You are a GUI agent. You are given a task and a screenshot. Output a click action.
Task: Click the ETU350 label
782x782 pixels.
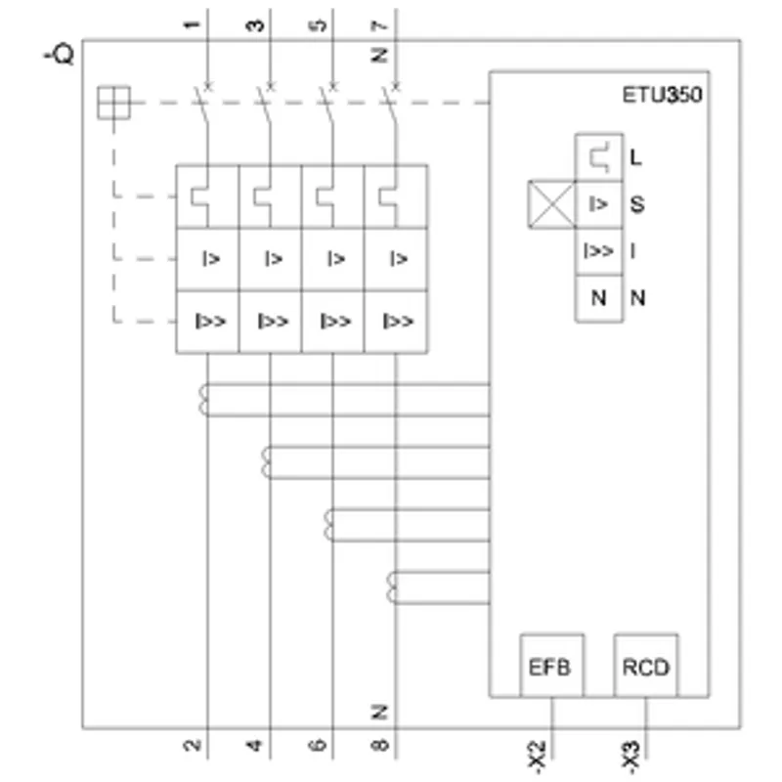tap(662, 95)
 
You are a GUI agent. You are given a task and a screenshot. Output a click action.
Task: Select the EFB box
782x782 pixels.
tap(551, 666)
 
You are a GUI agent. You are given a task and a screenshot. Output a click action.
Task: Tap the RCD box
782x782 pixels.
tap(645, 666)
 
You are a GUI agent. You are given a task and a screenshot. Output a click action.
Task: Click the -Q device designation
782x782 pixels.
tap(60, 54)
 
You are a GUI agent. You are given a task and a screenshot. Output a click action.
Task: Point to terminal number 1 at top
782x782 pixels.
tap(192, 24)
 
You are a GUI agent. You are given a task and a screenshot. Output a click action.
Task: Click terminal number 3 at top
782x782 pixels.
tap(255, 24)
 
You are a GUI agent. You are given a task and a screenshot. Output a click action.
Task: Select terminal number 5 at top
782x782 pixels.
tap(318, 24)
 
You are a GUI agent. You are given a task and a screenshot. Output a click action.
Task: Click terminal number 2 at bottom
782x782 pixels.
tap(192, 745)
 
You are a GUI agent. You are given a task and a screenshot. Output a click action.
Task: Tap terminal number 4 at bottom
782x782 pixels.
tap(254, 745)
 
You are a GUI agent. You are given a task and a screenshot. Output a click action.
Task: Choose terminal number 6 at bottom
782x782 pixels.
tap(317, 745)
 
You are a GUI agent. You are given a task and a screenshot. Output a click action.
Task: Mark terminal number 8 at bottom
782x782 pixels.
tap(379, 745)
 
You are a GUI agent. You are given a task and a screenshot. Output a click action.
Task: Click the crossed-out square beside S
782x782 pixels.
tap(551, 204)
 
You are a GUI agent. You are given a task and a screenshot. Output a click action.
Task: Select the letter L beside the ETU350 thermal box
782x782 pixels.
tap(635, 157)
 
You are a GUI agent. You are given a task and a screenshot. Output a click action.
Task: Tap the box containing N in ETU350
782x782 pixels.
tap(598, 298)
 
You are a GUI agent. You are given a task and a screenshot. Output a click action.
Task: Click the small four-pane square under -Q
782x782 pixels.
tap(113, 103)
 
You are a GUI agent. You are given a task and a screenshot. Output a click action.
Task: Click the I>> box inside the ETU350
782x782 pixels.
tap(598, 251)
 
